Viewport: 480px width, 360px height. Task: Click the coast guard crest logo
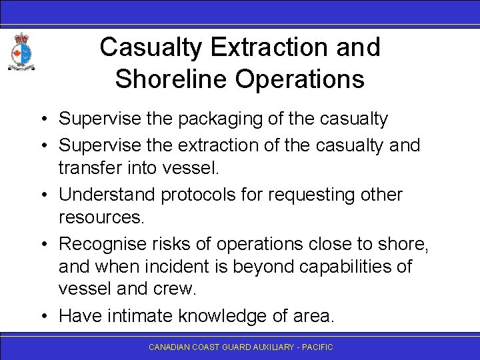click(21, 53)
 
